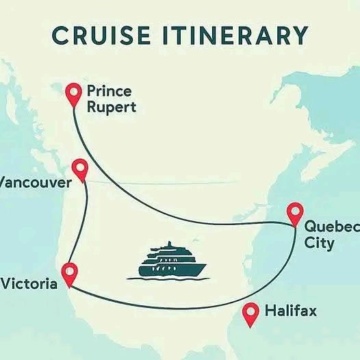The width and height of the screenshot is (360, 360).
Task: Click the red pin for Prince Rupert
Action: click(73, 94)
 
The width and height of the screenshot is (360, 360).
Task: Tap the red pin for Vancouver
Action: click(80, 169)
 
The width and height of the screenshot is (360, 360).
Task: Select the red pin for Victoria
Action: click(69, 272)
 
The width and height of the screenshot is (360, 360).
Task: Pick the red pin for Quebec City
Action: click(295, 213)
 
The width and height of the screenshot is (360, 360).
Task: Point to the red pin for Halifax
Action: click(251, 311)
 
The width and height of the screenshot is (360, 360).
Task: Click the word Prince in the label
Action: click(109, 91)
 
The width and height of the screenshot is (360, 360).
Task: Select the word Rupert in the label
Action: click(111, 107)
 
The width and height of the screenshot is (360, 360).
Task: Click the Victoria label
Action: click(29, 283)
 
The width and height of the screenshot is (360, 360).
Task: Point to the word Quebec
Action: click(331, 227)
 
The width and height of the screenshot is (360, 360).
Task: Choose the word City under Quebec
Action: click(320, 244)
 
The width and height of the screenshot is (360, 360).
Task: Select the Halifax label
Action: click(290, 311)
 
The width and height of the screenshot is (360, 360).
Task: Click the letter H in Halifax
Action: click(270, 311)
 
